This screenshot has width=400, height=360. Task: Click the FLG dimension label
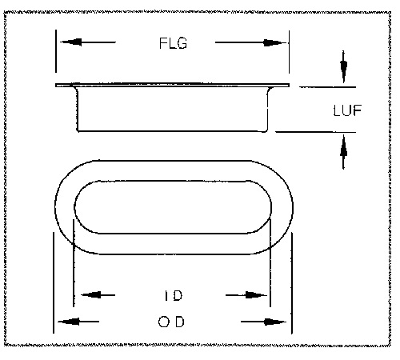(x=173, y=43)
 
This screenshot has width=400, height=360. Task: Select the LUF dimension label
(x=347, y=110)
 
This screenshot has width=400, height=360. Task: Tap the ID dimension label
(x=174, y=295)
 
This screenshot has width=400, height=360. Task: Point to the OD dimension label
(x=171, y=322)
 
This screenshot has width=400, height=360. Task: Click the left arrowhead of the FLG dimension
(x=71, y=42)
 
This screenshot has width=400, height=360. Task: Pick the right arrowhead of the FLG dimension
(x=274, y=42)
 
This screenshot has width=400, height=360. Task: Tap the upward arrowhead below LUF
(x=343, y=146)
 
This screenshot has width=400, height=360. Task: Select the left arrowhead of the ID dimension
(x=90, y=295)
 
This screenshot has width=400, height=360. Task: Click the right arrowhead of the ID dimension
(x=255, y=295)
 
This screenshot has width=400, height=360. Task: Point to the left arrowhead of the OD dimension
(x=69, y=322)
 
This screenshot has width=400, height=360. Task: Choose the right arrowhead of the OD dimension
(x=274, y=322)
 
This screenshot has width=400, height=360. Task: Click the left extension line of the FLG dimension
(x=56, y=51)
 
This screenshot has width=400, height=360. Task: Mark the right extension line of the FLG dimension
(x=289, y=52)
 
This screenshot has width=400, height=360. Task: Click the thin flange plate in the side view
(x=172, y=86)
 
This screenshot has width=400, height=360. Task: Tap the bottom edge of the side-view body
(x=172, y=131)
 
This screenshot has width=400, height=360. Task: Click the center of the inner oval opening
(x=173, y=207)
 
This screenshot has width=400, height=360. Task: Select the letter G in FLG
(x=182, y=43)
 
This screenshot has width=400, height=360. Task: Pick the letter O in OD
(x=164, y=322)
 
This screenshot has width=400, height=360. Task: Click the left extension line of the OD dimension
(x=54, y=282)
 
